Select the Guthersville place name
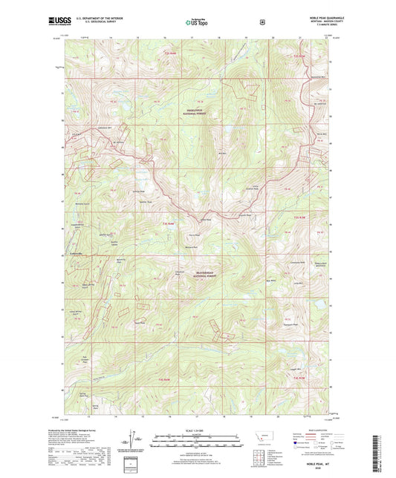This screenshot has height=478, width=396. point(77,255)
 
